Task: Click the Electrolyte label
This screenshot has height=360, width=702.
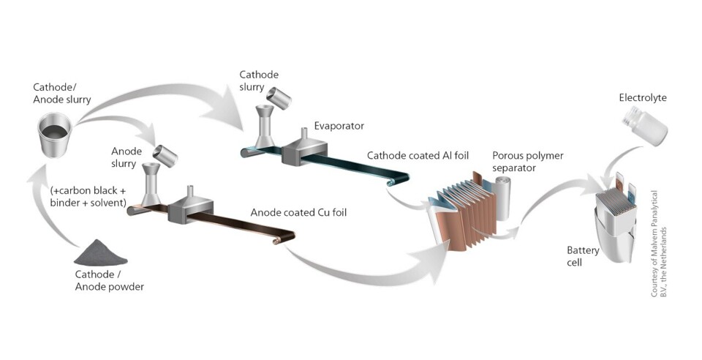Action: tap(643, 97)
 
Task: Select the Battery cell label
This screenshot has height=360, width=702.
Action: tap(583, 256)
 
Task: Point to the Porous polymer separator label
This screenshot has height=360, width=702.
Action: tap(525, 162)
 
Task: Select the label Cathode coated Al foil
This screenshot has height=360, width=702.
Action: tap(418, 155)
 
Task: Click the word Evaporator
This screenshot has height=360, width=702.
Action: tap(339, 126)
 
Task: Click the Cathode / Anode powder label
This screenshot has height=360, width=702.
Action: tap(110, 280)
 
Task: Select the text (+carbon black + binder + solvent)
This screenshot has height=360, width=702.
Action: tap(91, 195)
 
